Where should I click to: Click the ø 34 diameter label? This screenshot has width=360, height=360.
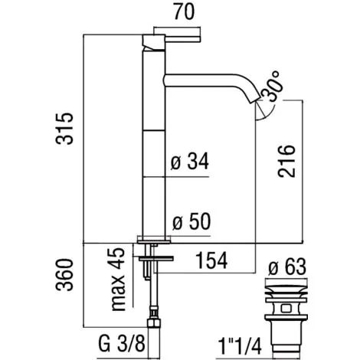(188, 162)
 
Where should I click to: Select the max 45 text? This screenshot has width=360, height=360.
(116, 280)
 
